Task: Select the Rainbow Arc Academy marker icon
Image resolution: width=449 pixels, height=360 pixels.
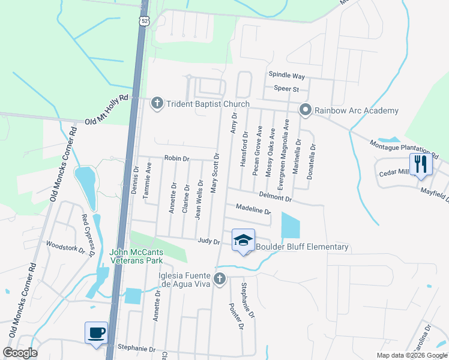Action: tap(306, 110)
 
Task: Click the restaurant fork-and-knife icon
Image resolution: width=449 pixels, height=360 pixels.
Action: tap(420, 163)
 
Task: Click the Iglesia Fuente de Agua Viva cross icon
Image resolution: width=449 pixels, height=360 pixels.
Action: tap(220, 278)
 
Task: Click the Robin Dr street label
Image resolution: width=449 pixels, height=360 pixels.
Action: tap(177, 159)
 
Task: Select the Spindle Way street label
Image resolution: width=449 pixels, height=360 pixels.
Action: tap(287, 76)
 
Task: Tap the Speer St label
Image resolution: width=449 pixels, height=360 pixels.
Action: tap(286, 89)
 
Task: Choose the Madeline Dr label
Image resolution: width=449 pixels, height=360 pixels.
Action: tap(254, 210)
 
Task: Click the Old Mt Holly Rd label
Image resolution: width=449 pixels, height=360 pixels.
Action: tap(107, 109)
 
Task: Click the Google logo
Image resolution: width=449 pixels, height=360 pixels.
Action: tap(20, 353)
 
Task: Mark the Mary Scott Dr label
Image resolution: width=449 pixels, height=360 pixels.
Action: tap(214, 172)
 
